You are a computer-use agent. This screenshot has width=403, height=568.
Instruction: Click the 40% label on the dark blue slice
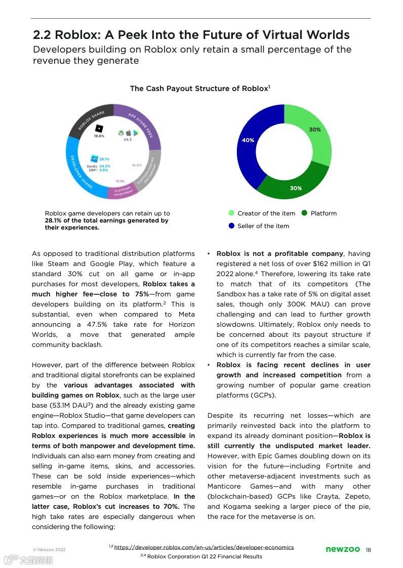point(248,140)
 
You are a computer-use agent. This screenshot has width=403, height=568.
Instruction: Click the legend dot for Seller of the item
point(232,226)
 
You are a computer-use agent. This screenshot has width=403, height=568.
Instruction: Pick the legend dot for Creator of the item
point(232,213)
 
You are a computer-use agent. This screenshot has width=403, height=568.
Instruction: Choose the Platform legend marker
point(304,213)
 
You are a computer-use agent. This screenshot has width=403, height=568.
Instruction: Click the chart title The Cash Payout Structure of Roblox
point(199,89)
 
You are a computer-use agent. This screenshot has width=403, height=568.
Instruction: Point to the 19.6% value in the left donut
point(99,136)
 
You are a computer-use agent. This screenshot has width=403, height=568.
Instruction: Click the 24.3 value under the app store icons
point(128,140)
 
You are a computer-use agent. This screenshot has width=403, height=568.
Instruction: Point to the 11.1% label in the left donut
point(120,181)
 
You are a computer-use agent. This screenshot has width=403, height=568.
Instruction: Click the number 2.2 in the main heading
point(42,35)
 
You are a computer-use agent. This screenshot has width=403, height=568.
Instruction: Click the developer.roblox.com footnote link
point(204,547)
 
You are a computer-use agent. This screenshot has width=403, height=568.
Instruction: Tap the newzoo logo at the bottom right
point(343,549)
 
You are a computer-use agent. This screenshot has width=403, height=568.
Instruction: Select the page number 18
point(368,550)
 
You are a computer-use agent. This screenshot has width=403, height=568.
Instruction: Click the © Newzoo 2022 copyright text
point(49,549)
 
